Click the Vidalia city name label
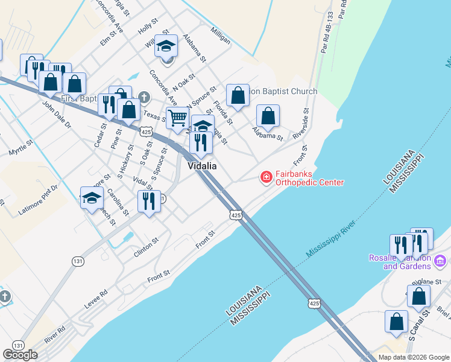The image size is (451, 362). [x=202, y=166]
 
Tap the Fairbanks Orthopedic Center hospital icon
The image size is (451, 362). [x=265, y=177]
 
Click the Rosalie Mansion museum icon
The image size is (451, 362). [x=440, y=261]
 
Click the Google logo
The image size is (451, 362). [x=20, y=355]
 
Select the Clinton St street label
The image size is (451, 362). [x=146, y=247]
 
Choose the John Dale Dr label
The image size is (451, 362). [x=57, y=115]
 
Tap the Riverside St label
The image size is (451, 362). [x=300, y=124]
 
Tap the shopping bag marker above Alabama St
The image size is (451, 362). [x=268, y=116]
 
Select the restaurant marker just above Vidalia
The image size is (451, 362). [x=201, y=143]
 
